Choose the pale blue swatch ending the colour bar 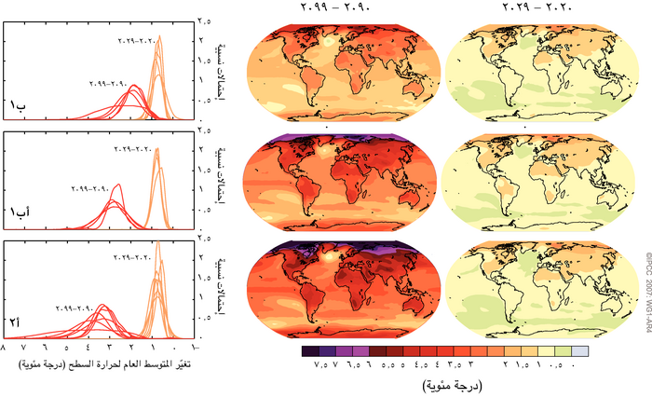coord(578,350)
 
